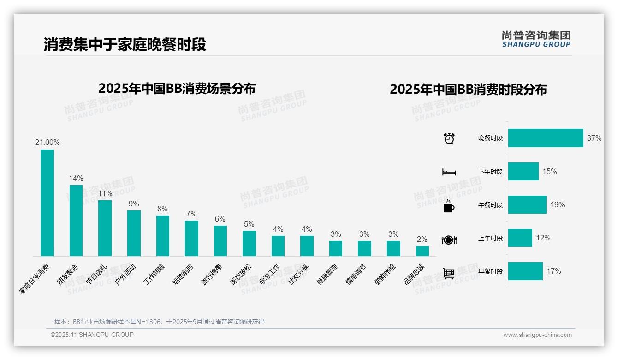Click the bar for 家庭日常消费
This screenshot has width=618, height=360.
point(47,203)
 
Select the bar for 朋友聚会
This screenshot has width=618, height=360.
point(76,221)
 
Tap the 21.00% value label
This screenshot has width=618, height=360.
point(47,143)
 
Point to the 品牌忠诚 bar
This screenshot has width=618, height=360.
point(422,251)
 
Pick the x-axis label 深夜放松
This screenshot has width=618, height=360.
point(241,276)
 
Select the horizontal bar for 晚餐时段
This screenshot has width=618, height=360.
point(546,138)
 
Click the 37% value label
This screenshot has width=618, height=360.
point(594,138)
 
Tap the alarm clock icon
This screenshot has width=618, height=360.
point(449,138)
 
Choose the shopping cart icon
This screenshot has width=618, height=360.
point(449,273)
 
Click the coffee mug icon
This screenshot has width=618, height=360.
point(449,206)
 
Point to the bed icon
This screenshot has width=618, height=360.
point(449,172)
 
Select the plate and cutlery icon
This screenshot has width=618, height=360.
point(449,240)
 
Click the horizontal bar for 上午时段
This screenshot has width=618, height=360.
point(520,238)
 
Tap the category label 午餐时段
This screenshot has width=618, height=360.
point(490,205)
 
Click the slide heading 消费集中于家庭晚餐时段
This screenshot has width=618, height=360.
point(125,44)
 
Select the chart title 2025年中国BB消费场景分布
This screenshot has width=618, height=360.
point(177,89)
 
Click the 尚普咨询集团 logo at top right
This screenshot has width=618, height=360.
point(536,39)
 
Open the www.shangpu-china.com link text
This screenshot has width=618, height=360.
point(537,335)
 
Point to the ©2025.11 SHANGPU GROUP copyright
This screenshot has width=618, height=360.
point(92,335)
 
